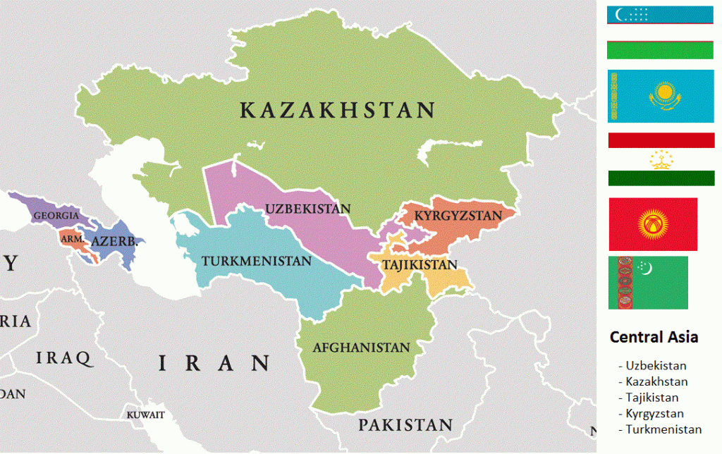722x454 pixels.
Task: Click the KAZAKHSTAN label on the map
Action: [336, 111]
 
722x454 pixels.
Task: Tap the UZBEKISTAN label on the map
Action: [307, 209]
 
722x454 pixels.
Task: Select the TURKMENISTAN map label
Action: [256, 261]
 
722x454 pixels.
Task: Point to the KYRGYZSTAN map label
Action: [458, 215]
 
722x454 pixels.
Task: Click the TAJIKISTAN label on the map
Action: [420, 265]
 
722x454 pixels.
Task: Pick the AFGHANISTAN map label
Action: [361, 348]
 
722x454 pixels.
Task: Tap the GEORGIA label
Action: [56, 215]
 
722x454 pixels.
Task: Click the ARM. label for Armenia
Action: [72, 240]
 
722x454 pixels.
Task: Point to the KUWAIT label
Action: [145, 415]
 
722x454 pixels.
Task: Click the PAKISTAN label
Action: [405, 425]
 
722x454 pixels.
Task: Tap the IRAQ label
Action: [64, 358]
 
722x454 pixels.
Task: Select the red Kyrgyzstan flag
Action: [652, 224]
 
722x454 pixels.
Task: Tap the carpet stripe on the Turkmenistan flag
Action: [623, 283]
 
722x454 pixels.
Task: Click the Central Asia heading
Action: [654, 337]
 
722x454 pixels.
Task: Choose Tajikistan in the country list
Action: [652, 398]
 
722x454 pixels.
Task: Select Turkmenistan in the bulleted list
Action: [663, 429]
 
